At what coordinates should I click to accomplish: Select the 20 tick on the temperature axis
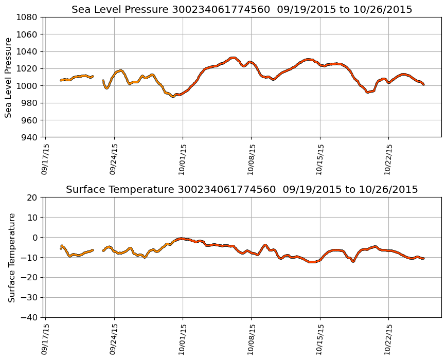click(31, 197)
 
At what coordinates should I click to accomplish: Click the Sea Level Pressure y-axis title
click(9, 77)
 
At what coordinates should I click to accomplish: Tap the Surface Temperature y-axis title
click(12, 257)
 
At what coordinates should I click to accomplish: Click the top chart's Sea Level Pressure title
click(242, 10)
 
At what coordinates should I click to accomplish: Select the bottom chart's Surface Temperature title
click(242, 190)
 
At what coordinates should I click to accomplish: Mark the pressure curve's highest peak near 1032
click(233, 58)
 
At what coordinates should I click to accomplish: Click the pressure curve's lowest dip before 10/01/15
click(173, 96)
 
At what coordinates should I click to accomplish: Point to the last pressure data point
click(423, 84)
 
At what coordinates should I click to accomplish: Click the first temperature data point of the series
click(61, 248)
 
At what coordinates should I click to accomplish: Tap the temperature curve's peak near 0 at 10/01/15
click(181, 239)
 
